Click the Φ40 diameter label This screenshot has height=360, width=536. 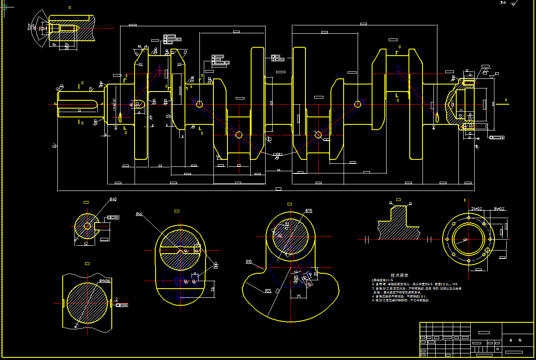(x=113, y=199)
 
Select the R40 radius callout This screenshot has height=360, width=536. (x=139, y=214)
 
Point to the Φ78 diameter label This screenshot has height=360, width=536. (x=309, y=211)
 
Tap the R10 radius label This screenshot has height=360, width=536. (x=248, y=261)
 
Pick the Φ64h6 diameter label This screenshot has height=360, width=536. (x=104, y=281)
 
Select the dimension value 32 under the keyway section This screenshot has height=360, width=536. (x=85, y=244)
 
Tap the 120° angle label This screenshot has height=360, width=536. (x=30, y=27)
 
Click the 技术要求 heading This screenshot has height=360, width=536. (x=399, y=275)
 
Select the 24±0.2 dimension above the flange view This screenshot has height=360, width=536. (x=477, y=209)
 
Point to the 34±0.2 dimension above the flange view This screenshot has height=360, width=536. (x=499, y=209)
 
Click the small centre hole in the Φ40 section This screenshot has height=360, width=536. (x=87, y=226)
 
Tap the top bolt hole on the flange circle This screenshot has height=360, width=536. (x=469, y=218)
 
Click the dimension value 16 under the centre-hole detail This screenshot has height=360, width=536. (x=54, y=45)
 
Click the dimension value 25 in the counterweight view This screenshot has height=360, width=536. (x=298, y=297)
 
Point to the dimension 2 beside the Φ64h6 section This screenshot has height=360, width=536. (x=117, y=300)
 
